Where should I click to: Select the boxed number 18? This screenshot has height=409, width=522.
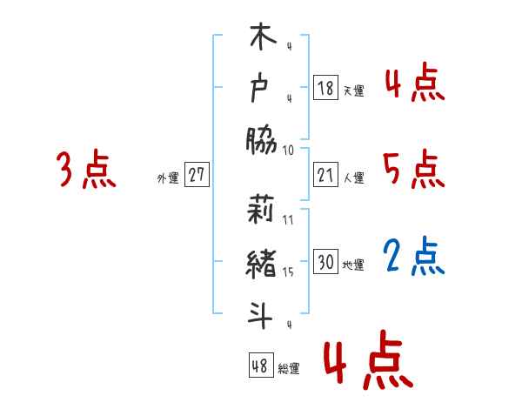pyautogui.click(x=325, y=88)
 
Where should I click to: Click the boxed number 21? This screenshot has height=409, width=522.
pyautogui.click(x=325, y=176)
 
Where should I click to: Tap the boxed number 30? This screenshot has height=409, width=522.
pyautogui.click(x=325, y=262)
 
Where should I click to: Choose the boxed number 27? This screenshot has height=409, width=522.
pyautogui.click(x=197, y=175)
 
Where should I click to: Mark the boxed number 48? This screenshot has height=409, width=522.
pyautogui.click(x=260, y=365)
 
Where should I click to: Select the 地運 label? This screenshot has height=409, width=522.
pyautogui.click(x=353, y=265)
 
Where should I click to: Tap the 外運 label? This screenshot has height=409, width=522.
pyautogui.click(x=168, y=178)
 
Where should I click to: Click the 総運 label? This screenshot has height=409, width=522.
pyautogui.click(x=289, y=368)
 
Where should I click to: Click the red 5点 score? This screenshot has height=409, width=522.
pyautogui.click(x=414, y=169)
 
